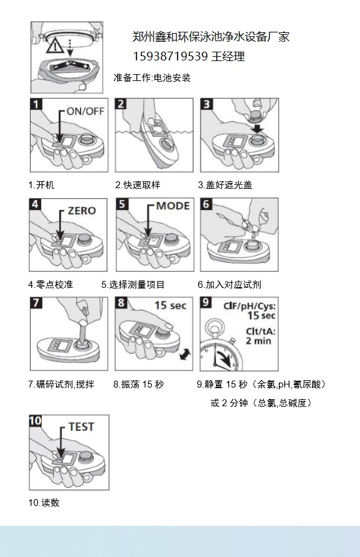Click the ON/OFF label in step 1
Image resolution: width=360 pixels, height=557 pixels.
point(85,111)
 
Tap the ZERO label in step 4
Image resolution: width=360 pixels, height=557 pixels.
point(82,211)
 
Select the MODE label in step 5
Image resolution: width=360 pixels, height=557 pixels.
point(173,206)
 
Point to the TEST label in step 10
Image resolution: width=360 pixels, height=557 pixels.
point(82,427)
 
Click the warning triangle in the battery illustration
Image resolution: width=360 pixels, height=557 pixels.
point(56,47)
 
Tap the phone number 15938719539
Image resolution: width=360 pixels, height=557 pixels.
point(170,56)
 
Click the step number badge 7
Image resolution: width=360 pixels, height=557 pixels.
point(36,303)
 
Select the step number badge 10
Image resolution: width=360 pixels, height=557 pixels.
point(35,421)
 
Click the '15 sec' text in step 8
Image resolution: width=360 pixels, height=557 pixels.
point(171,305)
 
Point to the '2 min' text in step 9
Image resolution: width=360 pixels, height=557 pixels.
point(258,341)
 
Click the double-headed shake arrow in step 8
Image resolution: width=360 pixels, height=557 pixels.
point(185,355)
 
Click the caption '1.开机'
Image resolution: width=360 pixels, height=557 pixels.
point(42,184)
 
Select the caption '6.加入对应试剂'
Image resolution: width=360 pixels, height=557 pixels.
point(229,285)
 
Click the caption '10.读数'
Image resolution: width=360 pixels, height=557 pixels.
point(44,503)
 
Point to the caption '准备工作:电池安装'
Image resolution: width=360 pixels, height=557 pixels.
point(152,78)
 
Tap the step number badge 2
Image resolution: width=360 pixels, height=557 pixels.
point(121,104)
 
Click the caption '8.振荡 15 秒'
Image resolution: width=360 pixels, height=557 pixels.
point(138,384)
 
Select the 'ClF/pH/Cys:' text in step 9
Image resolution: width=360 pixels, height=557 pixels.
point(250,306)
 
